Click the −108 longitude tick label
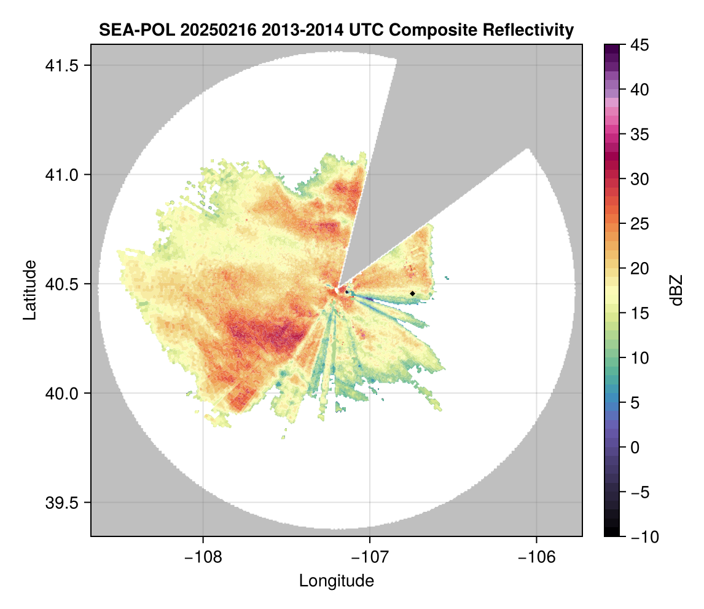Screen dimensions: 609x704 point(202,557)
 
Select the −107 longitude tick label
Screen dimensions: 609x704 point(369,557)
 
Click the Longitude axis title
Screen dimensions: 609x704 point(336,581)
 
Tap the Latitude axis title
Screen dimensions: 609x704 point(29,290)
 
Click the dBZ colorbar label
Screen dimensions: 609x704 point(676,290)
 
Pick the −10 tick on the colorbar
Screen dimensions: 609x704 point(643,536)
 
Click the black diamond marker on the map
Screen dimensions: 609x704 point(412,293)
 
